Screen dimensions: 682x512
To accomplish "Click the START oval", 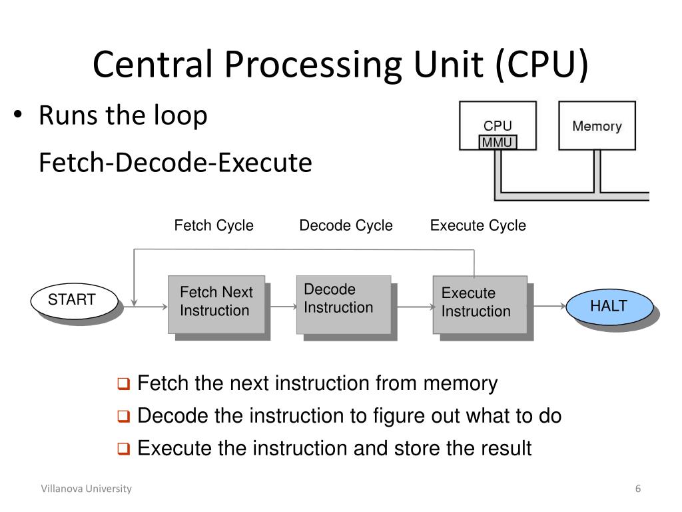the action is (x=75, y=301).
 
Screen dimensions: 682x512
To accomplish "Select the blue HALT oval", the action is (x=609, y=307).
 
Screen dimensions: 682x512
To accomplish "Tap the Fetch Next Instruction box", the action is (x=216, y=304).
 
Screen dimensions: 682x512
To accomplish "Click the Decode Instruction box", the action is (x=344, y=304).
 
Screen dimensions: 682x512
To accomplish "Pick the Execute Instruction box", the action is (x=480, y=305).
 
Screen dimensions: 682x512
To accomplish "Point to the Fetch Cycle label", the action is (x=214, y=225).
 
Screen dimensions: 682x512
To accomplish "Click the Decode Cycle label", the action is (x=346, y=225).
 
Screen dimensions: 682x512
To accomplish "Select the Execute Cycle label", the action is (x=478, y=225).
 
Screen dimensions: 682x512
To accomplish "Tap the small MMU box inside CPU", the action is (x=498, y=142).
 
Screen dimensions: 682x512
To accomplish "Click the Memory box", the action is (x=597, y=126).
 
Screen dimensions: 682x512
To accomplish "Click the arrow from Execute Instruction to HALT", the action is (x=549, y=306).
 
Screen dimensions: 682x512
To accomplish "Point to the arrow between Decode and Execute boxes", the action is (x=416, y=307).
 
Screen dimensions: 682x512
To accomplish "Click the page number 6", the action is (x=638, y=489).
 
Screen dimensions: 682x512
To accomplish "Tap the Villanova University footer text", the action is (x=86, y=489).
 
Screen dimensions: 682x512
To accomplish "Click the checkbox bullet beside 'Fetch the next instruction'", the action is (x=123, y=383).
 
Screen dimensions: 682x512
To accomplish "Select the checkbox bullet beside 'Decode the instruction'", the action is (x=123, y=416).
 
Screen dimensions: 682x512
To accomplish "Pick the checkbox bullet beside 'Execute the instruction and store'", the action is (x=123, y=449).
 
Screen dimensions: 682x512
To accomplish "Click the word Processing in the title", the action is (x=315, y=65).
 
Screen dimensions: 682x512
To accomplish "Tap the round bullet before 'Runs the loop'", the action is (x=17, y=115).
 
